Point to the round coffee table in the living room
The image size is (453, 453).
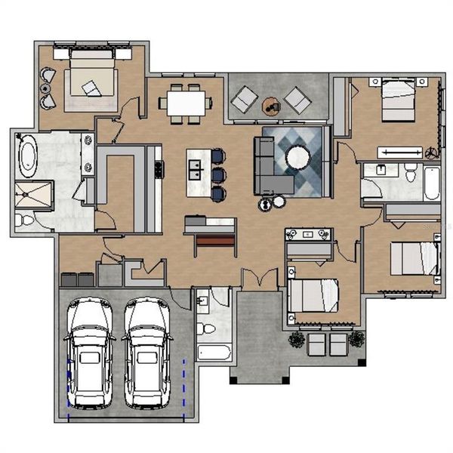tap(297, 157)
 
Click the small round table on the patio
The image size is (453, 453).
tap(270, 107)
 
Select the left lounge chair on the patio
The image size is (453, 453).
tap(244, 98)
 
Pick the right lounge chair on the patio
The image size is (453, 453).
tap(296, 98)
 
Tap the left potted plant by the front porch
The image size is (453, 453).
tap(297, 339)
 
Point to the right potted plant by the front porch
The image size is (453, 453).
tap(356, 339)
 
